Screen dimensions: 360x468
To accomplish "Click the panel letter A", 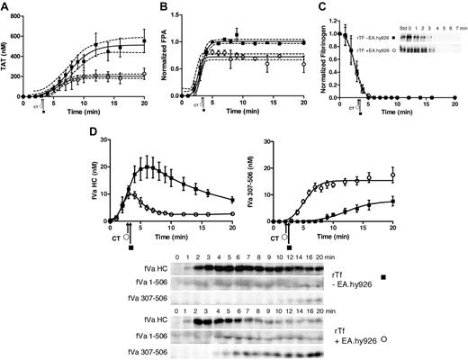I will point(7,6).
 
